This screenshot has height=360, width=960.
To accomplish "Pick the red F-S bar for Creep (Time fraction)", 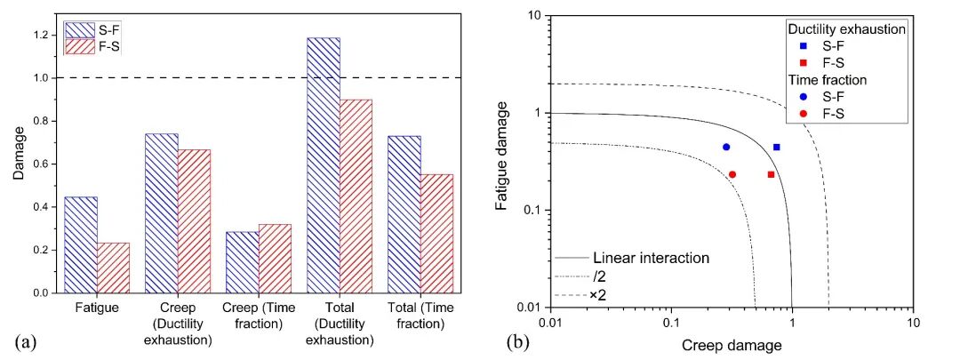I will pyautogui.click(x=276, y=258).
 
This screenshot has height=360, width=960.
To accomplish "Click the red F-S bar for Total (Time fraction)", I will pyautogui.click(x=436, y=233).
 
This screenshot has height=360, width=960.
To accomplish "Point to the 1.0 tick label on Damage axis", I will pyautogui.click(x=39, y=78).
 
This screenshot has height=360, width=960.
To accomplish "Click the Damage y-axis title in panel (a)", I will pyautogui.click(x=18, y=160).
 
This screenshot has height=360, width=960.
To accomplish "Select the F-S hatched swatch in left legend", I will pyautogui.click(x=83, y=46).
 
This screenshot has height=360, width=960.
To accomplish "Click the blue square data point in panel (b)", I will pyautogui.click(x=777, y=147).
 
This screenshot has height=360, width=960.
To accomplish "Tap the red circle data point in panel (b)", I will pyautogui.click(x=732, y=174).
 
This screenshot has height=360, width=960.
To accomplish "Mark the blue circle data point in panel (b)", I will pyautogui.click(x=726, y=147).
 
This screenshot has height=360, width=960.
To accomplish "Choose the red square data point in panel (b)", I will pyautogui.click(x=771, y=174).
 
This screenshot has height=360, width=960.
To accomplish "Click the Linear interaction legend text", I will pyautogui.click(x=650, y=258).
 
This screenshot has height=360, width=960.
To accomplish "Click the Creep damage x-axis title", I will pyautogui.click(x=730, y=344).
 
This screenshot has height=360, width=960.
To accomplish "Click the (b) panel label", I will pyautogui.click(x=516, y=341).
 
